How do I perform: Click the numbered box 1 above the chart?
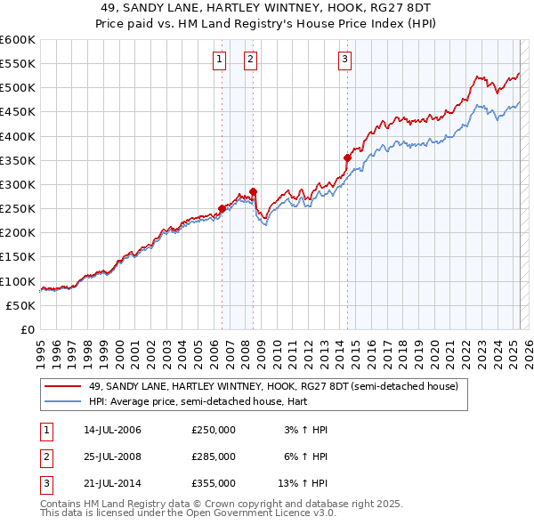[x=219, y=60]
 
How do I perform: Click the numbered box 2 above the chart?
[x=250, y=60]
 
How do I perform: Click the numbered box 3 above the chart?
[x=344, y=60]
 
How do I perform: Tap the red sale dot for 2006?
[x=222, y=209]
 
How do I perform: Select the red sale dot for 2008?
[x=254, y=191]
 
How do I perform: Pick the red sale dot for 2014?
[x=348, y=157]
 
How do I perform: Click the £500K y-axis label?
[x=18, y=88]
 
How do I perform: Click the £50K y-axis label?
[x=21, y=305]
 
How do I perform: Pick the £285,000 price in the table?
[x=213, y=456]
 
